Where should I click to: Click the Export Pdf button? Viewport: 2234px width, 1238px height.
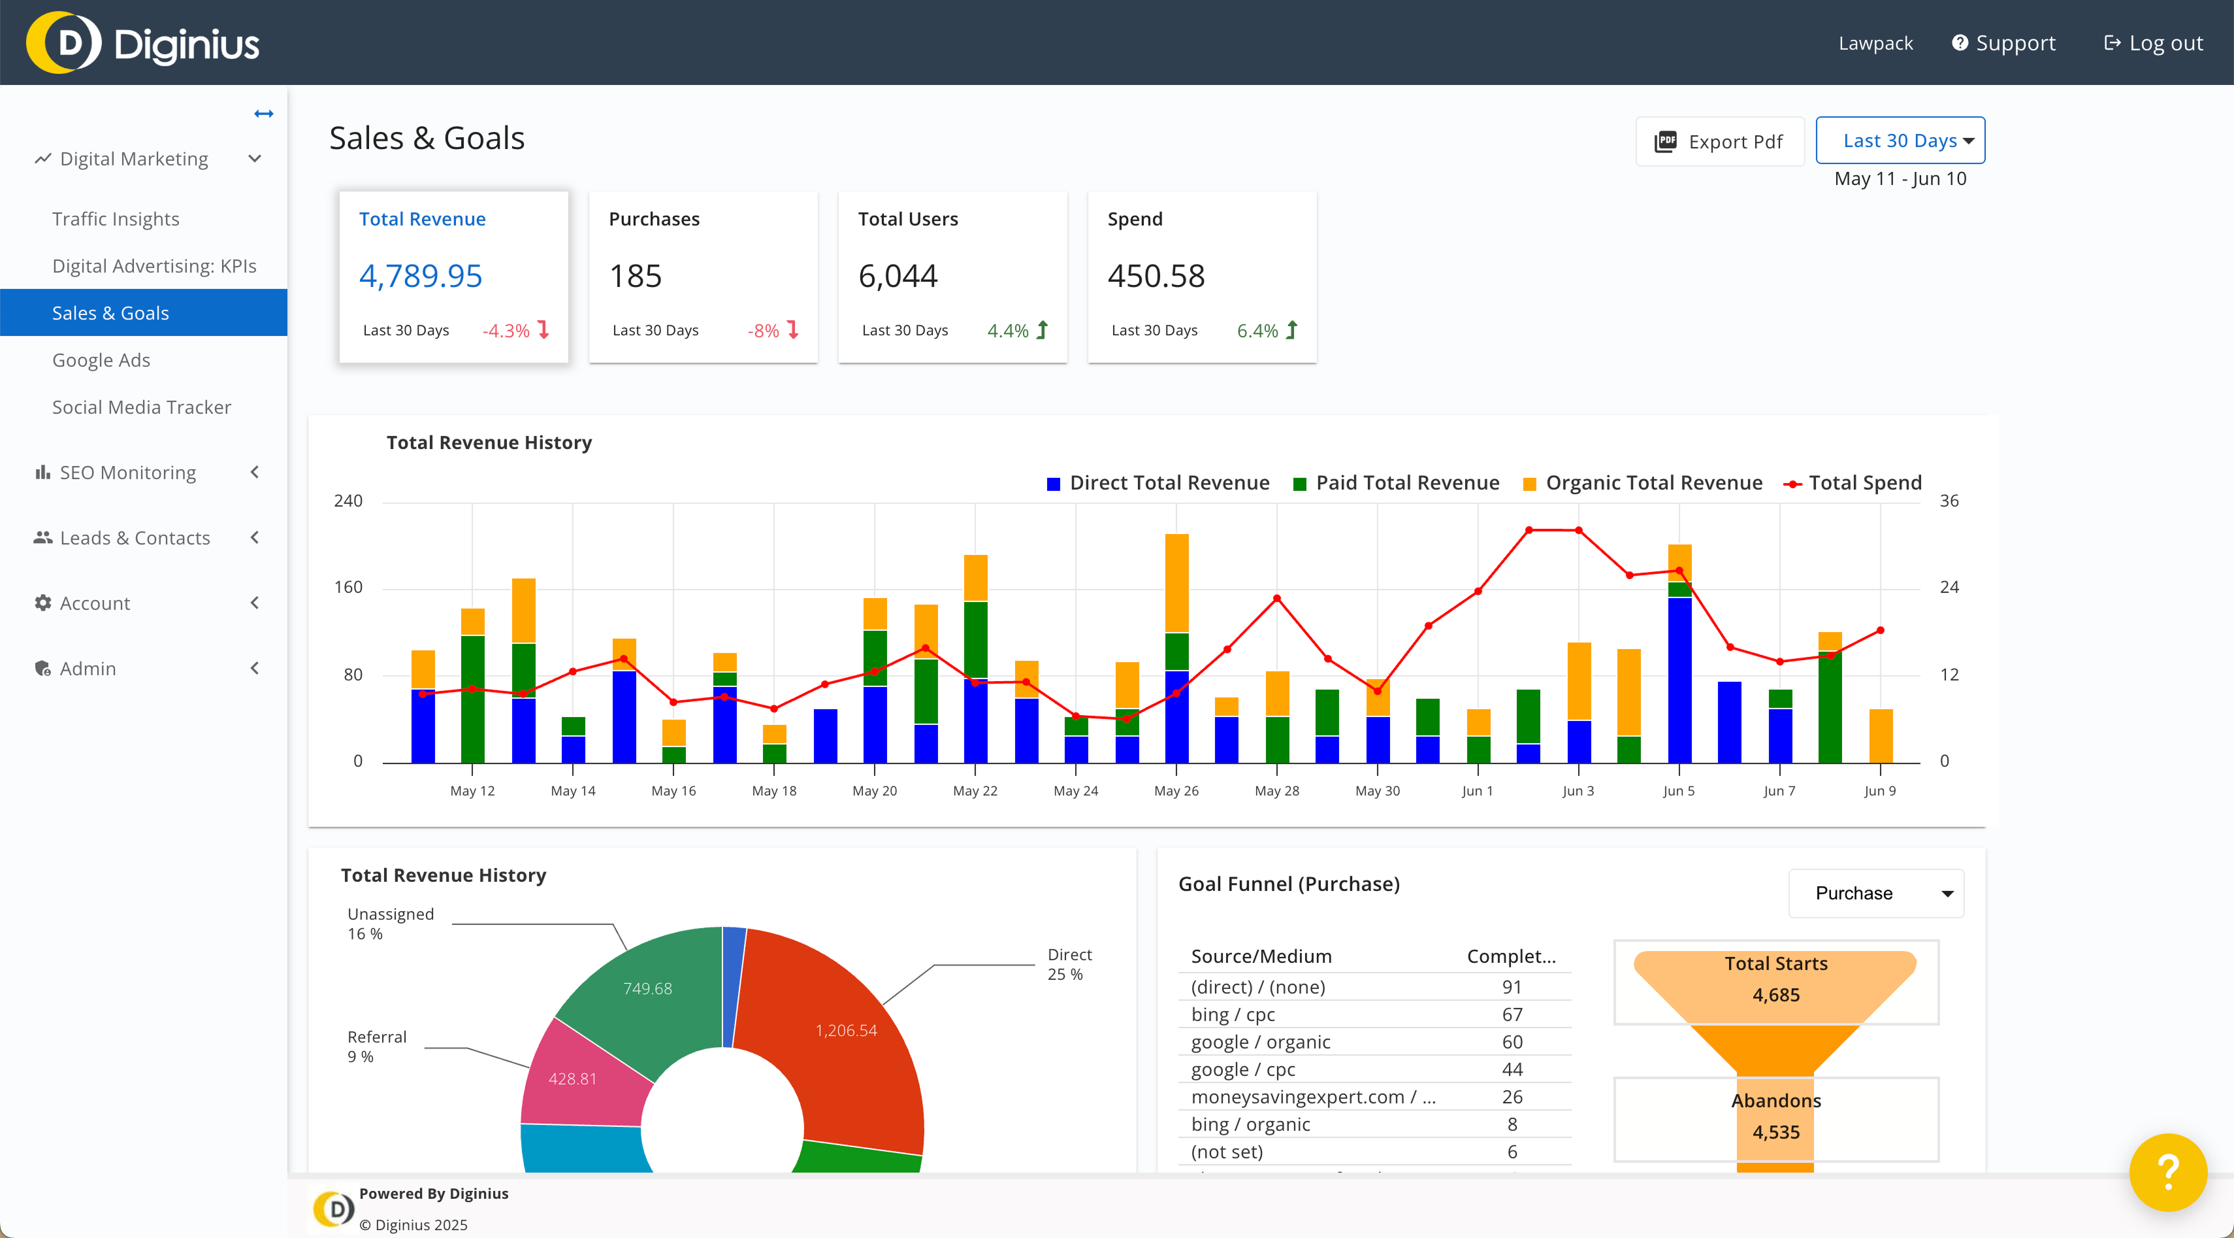pyautogui.click(x=1720, y=141)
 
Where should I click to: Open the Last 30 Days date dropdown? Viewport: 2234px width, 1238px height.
pyautogui.click(x=1900, y=141)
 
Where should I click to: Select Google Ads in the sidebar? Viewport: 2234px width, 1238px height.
pyautogui.click(x=101, y=360)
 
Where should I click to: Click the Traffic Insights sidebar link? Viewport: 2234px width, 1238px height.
pyautogui.click(x=116, y=218)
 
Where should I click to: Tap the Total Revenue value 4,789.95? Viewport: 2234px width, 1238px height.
pyautogui.click(x=421, y=276)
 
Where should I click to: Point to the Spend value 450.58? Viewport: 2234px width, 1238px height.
pyautogui.click(x=1156, y=276)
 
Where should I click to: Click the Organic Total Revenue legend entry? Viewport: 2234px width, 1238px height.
pyautogui.click(x=1653, y=483)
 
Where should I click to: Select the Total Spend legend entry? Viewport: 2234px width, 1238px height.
pyautogui.click(x=1864, y=483)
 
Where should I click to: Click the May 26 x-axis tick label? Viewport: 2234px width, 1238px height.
pyautogui.click(x=1176, y=790)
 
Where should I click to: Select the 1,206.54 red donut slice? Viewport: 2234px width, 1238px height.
pyautogui.click(x=845, y=1031)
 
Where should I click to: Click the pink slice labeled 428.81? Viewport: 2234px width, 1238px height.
pyautogui.click(x=572, y=1079)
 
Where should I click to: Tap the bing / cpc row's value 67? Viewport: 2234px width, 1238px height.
pyautogui.click(x=1512, y=1014)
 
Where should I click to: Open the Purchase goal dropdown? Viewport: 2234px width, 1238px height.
pyautogui.click(x=1876, y=893)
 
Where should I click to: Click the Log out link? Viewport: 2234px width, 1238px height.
pyautogui.click(x=2154, y=42)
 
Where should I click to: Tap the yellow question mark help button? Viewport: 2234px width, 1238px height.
pyautogui.click(x=2167, y=1172)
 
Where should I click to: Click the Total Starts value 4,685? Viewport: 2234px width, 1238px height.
pyautogui.click(x=1775, y=995)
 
